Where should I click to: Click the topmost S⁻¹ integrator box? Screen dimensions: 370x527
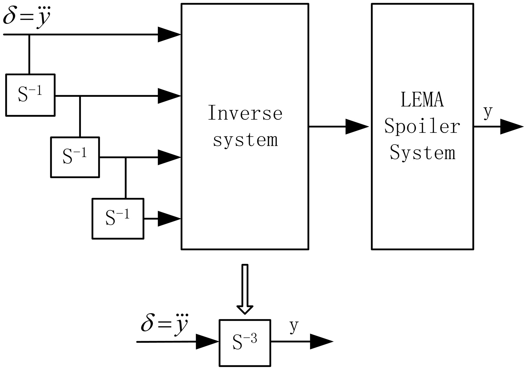coord(30,95)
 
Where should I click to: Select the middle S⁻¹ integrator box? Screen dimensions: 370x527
coord(75,157)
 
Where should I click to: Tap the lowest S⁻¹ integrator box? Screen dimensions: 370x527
coord(118,218)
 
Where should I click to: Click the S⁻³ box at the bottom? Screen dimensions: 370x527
coord(245,342)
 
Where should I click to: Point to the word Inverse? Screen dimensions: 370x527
coord(245,113)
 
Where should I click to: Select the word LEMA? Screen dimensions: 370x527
coord(422,100)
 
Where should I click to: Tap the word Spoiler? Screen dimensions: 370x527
coord(422,127)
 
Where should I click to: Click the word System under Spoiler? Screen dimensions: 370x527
coord(422,153)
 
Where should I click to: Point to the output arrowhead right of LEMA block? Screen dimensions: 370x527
coord(511,127)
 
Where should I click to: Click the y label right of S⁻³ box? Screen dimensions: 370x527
coord(294,326)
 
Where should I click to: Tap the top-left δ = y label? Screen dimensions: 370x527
coord(27,17)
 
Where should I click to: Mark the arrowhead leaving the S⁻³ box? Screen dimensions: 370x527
coord(321,341)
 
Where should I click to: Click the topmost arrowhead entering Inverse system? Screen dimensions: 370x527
coord(169,34)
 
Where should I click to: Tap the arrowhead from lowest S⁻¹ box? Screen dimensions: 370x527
coord(169,219)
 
